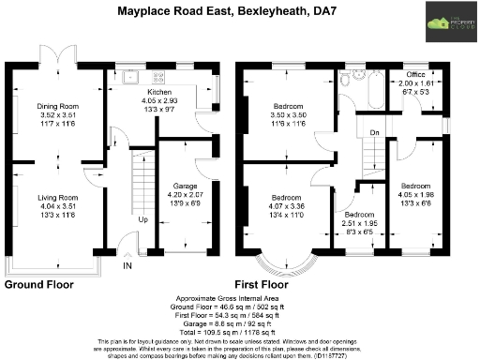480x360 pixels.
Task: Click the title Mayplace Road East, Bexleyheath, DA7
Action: pos(221,11)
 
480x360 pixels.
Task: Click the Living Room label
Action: pos(57,198)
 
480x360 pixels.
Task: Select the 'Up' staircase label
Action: pos(142,220)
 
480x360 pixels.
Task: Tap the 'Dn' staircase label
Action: pos(373,132)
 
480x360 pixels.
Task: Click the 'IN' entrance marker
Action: pos(127,265)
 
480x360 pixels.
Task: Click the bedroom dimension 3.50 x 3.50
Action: pos(286,114)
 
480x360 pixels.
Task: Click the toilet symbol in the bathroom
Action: pos(348,82)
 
